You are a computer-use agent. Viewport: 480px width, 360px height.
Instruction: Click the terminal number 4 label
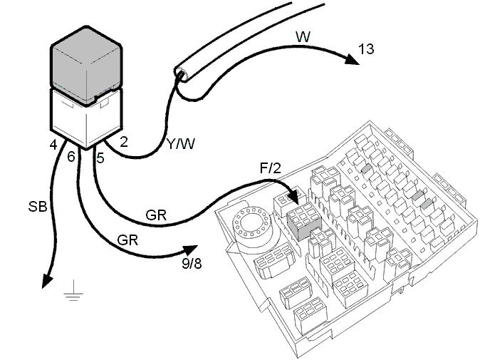53,145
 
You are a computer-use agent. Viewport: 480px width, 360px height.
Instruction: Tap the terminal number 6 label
71,157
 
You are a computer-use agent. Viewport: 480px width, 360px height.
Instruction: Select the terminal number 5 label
100,158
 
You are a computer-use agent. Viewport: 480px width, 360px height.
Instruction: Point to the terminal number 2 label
124,142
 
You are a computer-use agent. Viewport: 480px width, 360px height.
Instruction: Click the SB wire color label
38,207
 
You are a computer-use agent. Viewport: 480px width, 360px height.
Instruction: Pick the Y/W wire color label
181,144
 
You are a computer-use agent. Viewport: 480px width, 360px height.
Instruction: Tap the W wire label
303,37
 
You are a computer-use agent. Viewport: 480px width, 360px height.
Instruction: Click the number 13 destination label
366,49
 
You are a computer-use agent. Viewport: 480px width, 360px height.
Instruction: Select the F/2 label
270,168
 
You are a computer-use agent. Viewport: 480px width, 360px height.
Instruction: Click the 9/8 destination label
192,264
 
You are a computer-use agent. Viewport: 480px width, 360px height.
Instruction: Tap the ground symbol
73,290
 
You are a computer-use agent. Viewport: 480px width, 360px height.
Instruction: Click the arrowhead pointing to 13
351,59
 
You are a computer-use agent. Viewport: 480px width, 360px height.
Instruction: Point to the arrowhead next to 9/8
191,250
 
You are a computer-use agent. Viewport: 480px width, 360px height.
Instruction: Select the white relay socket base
86,120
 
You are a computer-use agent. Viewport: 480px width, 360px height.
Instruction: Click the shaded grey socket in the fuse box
303,221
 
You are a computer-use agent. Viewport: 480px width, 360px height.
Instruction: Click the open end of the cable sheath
181,74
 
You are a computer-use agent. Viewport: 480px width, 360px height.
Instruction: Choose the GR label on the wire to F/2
156,215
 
